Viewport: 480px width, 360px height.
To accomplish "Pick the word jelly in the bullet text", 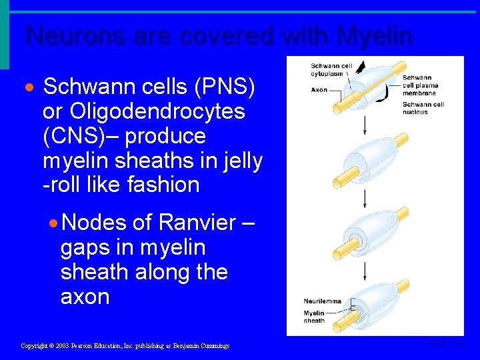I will [244, 160].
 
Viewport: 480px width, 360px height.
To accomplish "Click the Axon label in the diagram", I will [319, 89].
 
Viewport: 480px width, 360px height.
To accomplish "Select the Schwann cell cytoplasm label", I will [331, 69].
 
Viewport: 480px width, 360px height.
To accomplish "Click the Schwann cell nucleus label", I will [423, 108].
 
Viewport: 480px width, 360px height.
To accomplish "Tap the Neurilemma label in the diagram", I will [322, 301].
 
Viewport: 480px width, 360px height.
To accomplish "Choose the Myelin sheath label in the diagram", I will [314, 317].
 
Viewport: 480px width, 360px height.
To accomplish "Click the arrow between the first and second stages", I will [364, 125].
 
